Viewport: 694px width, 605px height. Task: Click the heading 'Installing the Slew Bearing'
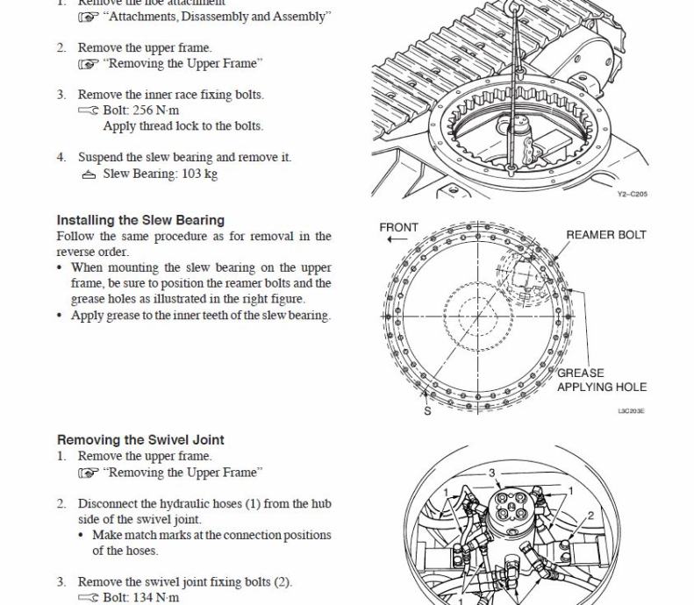click(x=140, y=220)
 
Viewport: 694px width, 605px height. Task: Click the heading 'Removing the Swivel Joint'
click(x=140, y=439)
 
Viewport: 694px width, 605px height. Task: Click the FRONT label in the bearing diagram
click(x=398, y=227)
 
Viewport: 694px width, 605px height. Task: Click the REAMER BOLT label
click(x=605, y=235)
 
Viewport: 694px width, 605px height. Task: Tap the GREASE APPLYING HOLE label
click(x=601, y=380)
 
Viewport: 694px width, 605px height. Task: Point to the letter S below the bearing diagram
click(x=428, y=412)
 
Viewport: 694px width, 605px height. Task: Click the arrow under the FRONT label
click(x=397, y=239)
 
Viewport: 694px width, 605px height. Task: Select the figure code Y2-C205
click(x=632, y=194)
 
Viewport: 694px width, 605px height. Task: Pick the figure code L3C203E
click(x=630, y=410)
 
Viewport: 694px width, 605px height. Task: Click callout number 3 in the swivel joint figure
click(x=492, y=473)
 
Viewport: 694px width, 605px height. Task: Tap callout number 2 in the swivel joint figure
click(x=590, y=516)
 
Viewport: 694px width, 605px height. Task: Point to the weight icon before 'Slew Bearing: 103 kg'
click(x=88, y=174)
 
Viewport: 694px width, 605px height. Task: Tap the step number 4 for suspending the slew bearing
click(x=61, y=158)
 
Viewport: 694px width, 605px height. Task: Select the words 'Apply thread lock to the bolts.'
click(x=182, y=126)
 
